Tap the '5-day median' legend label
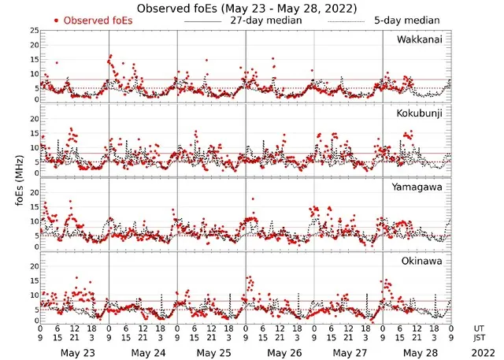[x=407, y=20]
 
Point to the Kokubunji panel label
[x=420, y=113]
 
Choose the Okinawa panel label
[x=423, y=261]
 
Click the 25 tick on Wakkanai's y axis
[x=34, y=30]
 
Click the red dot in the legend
[x=57, y=20]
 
